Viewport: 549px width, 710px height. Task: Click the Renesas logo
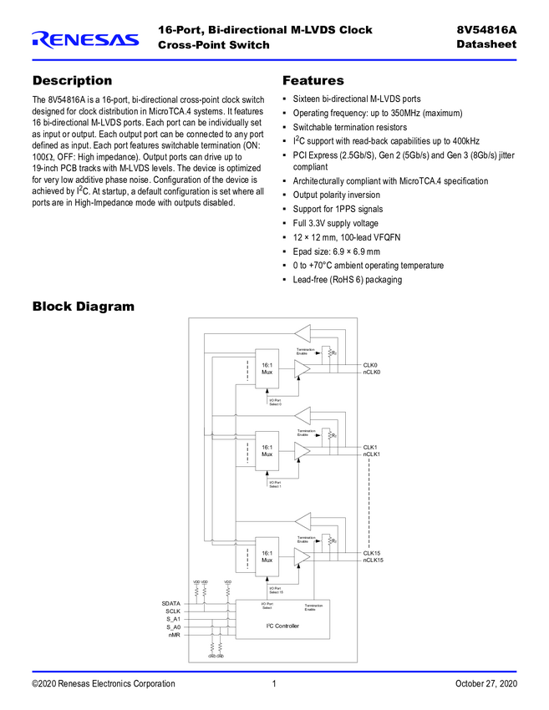click(85, 39)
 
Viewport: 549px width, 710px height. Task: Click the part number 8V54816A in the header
click(486, 30)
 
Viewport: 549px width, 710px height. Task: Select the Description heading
click(72, 81)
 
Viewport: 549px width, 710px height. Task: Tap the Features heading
click(313, 81)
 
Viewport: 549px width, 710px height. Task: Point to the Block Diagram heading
click(83, 307)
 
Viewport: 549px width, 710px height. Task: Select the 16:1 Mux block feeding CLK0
click(267, 368)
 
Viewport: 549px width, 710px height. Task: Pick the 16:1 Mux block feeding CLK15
click(267, 555)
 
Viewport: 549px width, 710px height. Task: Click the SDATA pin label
click(170, 603)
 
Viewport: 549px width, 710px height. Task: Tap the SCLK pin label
click(173, 611)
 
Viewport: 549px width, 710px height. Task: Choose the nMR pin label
click(174, 636)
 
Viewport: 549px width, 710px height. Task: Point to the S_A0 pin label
click(173, 627)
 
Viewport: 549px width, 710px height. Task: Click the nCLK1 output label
click(372, 454)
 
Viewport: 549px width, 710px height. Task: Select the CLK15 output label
click(373, 553)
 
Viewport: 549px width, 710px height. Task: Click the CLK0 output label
click(370, 365)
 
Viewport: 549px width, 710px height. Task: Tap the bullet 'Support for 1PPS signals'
click(338, 209)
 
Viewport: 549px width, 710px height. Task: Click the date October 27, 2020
click(485, 684)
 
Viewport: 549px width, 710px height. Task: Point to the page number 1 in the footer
click(274, 684)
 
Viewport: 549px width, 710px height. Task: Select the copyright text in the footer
click(104, 684)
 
